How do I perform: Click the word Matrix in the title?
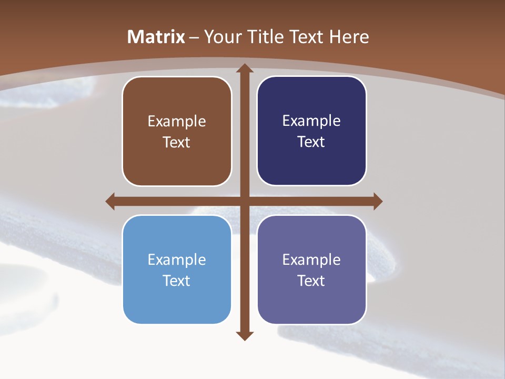pyautogui.click(x=156, y=37)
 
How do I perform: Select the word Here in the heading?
pyautogui.click(x=349, y=37)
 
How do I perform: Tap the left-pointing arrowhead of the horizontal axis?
pyautogui.click(x=110, y=202)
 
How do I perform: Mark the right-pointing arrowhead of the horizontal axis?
pyautogui.click(x=377, y=202)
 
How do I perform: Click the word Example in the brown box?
pyautogui.click(x=177, y=122)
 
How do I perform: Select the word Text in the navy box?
pyautogui.click(x=311, y=142)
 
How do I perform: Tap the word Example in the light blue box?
pyautogui.click(x=177, y=260)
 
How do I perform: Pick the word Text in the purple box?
pyautogui.click(x=311, y=281)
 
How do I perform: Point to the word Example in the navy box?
pyautogui.click(x=311, y=121)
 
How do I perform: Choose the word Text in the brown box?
pyautogui.click(x=176, y=143)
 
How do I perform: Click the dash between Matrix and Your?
pyautogui.click(x=195, y=37)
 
